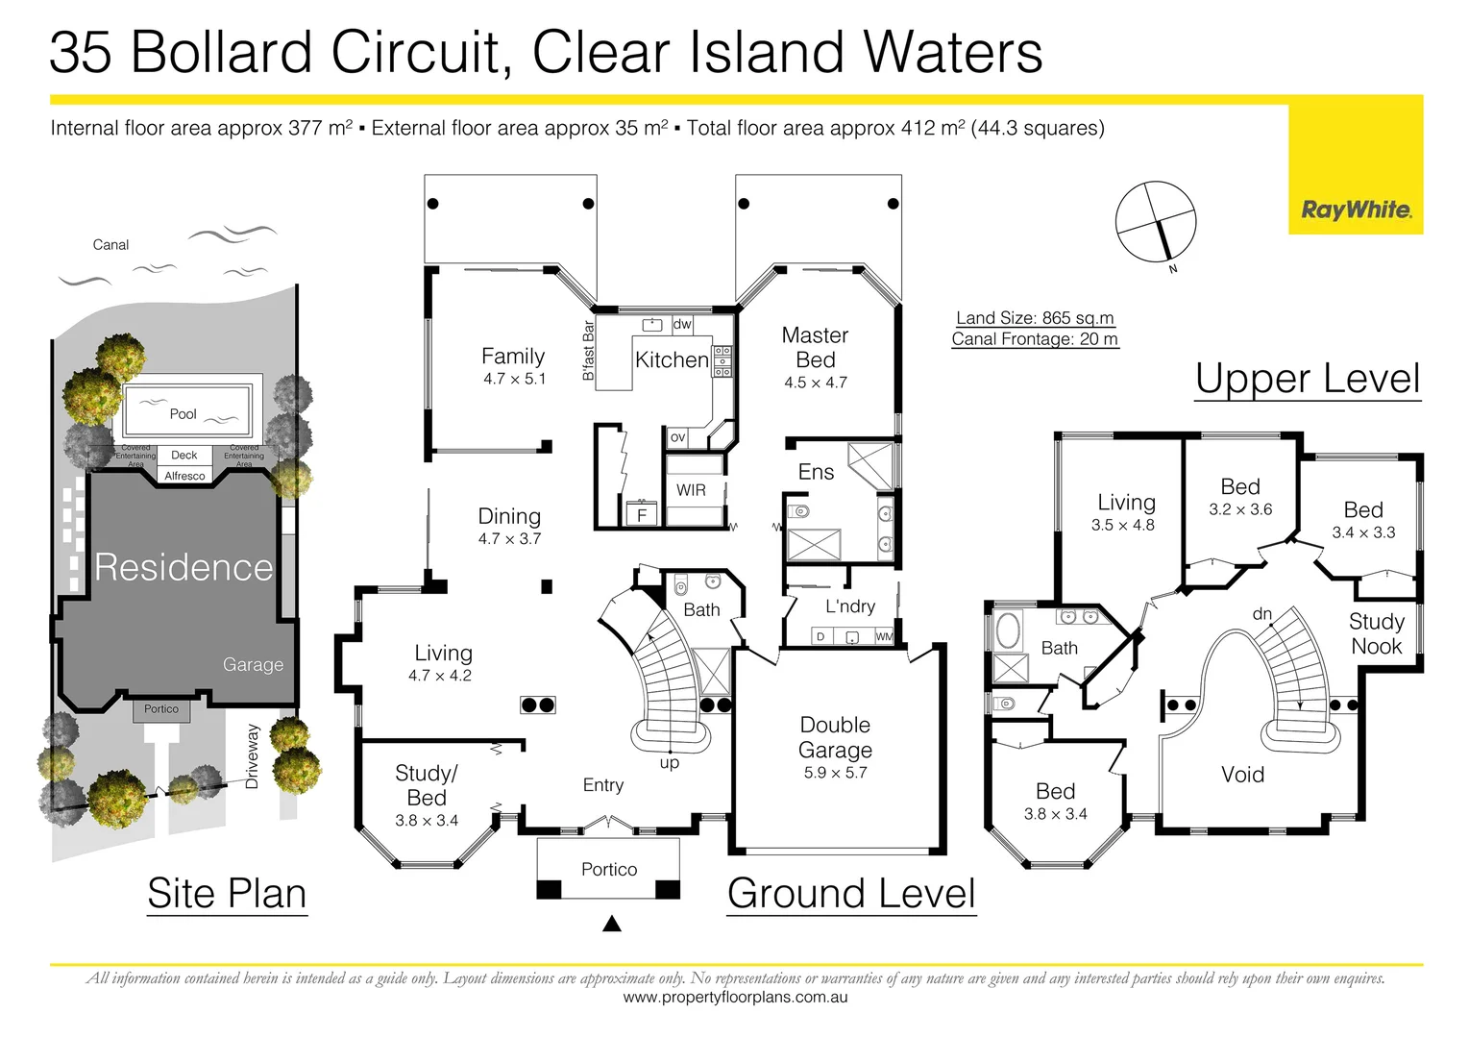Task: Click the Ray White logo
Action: coord(1356,210)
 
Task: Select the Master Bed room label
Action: coord(815,347)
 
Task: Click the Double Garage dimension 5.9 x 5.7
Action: coord(835,773)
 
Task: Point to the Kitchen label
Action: coord(672,359)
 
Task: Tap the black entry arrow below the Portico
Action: coord(611,925)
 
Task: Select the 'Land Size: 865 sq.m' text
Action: coord(1035,318)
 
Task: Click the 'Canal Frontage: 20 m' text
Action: coord(1035,339)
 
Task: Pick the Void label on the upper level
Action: coord(1242,775)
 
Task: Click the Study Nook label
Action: coord(1376,633)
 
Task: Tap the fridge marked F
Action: coord(642,515)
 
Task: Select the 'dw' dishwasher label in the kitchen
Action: coord(682,325)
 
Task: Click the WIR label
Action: coord(691,490)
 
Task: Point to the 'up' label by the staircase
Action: coord(670,763)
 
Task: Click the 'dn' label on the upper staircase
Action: coord(1261,613)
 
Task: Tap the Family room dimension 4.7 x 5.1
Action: coord(514,380)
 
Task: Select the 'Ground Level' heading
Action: coord(851,894)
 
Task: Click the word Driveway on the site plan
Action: coord(253,756)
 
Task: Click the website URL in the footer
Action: coord(735,998)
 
